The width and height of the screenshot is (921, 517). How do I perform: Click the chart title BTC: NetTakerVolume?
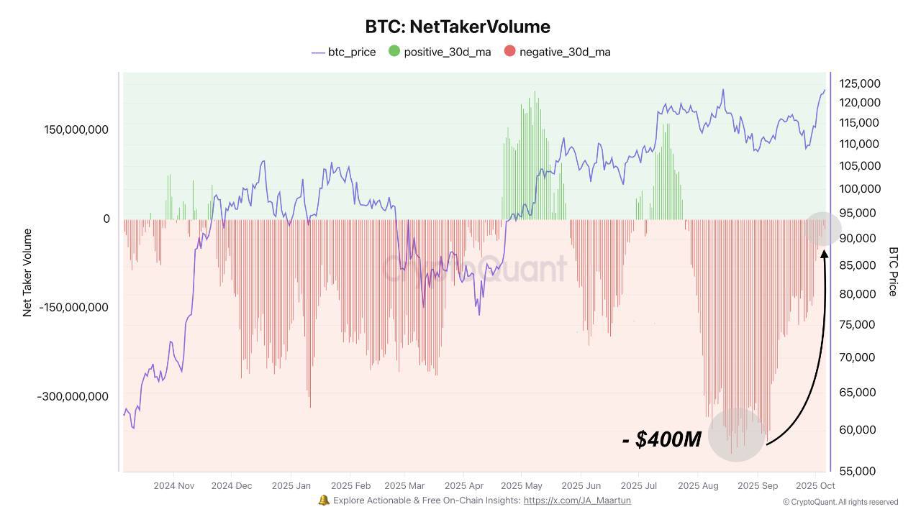[458, 27]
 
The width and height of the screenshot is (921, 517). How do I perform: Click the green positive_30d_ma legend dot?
[394, 51]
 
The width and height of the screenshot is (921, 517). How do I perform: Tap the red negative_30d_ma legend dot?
[509, 51]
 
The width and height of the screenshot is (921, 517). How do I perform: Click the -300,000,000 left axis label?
[73, 396]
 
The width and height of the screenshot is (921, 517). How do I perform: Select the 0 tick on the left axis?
[106, 219]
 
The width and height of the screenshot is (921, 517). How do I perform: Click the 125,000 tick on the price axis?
[860, 83]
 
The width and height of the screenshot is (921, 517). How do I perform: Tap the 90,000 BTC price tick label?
[858, 239]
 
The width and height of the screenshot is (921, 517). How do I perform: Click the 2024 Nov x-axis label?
[174, 485]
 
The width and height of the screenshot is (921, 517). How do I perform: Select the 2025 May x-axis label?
[522, 485]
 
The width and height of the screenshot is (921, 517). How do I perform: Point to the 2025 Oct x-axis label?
[815, 485]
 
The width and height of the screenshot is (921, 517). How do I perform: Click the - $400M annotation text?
[661, 439]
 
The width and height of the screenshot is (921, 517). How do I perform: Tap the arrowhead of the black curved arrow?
[824, 254]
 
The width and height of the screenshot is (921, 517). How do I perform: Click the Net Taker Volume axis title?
[28, 273]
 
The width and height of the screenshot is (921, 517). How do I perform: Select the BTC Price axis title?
[893, 271]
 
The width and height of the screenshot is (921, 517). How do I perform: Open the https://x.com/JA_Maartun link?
[577, 500]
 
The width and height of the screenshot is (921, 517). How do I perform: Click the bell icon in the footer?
[324, 500]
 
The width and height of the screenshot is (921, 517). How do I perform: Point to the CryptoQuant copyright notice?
[840, 502]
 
